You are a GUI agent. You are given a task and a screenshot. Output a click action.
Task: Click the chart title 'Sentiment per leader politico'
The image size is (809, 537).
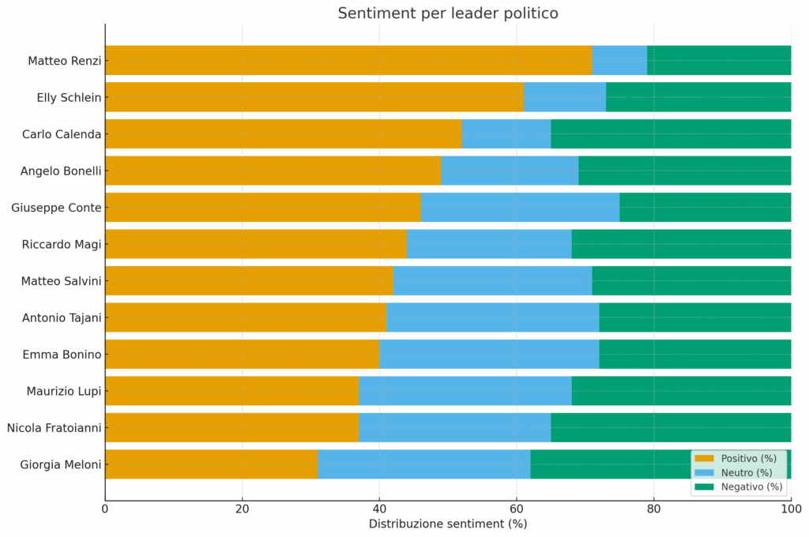[x=448, y=13]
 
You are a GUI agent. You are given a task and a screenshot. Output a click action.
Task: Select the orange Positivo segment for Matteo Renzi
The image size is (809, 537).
[x=348, y=60]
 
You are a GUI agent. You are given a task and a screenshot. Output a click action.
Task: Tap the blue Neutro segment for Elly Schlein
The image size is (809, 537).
[x=565, y=97]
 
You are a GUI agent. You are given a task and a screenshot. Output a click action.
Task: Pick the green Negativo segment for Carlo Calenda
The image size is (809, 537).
[x=671, y=133]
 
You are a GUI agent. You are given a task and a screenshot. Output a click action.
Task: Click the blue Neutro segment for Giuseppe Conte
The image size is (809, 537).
[x=520, y=207]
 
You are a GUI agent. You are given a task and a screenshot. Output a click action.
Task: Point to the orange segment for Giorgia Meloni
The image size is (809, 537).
[x=211, y=464]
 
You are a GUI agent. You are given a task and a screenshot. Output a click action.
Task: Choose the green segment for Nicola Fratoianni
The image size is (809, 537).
[x=671, y=427]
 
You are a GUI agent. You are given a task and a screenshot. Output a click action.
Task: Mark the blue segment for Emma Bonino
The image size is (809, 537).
[x=489, y=354]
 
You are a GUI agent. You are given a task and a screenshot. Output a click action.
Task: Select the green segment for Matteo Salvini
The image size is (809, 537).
[x=691, y=280]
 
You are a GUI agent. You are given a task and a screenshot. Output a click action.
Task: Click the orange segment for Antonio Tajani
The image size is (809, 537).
[x=246, y=317]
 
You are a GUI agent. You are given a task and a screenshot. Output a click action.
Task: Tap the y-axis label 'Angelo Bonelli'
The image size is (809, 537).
[x=61, y=171]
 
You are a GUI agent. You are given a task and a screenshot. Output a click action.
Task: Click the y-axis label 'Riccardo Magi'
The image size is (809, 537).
[x=62, y=244]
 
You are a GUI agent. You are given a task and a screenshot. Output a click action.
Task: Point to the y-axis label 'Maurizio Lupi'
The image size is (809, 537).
[x=63, y=391]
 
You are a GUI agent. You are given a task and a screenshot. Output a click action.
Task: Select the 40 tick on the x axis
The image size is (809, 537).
[x=379, y=509]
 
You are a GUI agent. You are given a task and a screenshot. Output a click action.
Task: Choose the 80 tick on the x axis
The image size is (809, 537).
[x=653, y=509]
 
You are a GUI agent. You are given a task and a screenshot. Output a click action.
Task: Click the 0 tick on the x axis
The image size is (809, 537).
[x=105, y=509]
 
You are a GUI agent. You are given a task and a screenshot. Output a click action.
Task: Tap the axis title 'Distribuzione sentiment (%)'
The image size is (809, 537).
[x=448, y=524]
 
